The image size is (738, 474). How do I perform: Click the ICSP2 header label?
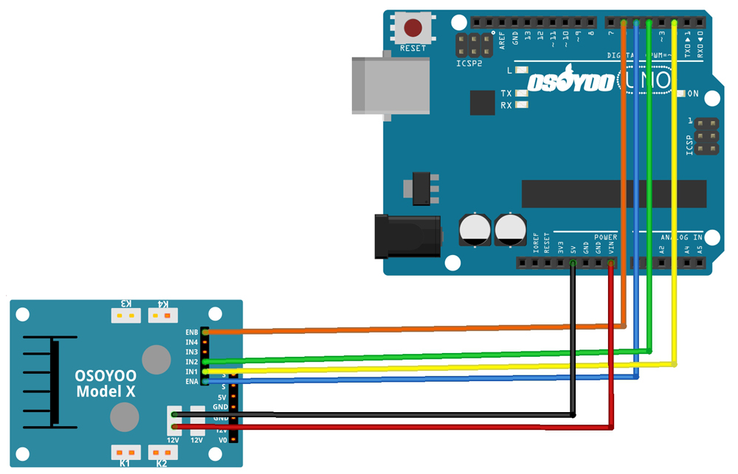point(469,63)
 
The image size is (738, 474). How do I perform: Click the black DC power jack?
point(406,235)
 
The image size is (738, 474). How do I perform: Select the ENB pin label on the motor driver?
point(192,332)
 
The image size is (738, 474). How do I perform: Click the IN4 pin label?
point(192,342)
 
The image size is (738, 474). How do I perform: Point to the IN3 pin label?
point(192,352)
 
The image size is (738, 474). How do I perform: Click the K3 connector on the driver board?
point(125,316)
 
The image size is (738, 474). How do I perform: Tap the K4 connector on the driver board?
point(163,316)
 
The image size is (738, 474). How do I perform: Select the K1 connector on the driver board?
point(125,452)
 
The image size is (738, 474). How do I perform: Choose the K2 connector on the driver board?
point(162,452)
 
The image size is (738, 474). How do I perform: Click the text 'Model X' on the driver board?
point(106,391)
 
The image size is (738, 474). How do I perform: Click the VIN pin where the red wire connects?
point(611,262)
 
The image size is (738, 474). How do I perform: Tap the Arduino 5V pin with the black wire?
point(573,262)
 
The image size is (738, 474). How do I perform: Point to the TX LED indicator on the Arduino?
point(522,94)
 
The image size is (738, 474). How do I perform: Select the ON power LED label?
point(693,94)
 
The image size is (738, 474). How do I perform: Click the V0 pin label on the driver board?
point(223,440)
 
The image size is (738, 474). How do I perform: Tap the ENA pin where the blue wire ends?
point(205,381)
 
